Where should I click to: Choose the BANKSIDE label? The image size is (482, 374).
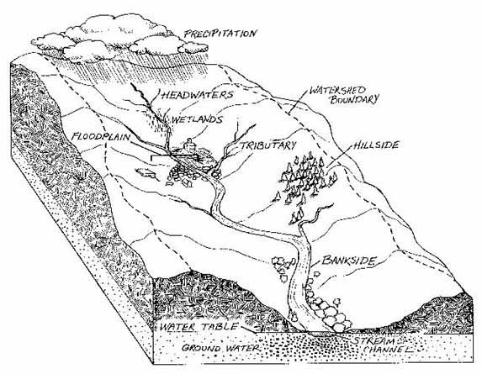(347, 262)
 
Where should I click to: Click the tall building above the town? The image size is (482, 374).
(190, 150)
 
